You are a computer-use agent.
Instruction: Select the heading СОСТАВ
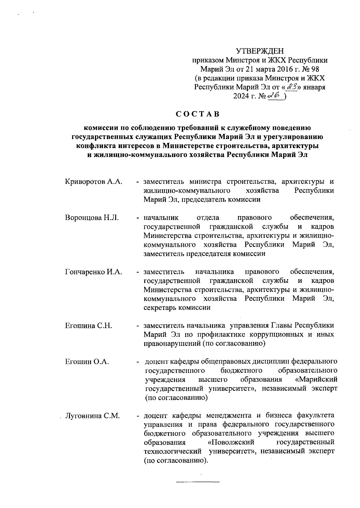pyautogui.click(x=198, y=114)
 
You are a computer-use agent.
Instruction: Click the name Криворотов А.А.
pyautogui.click(x=94, y=182)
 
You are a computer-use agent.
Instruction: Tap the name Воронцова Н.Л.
pyautogui.click(x=92, y=218)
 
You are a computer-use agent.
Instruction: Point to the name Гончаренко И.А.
pyautogui.click(x=94, y=272)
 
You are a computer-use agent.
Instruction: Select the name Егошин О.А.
pyautogui.click(x=87, y=362)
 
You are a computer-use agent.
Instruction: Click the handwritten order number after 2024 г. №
pyautogui.click(x=275, y=96)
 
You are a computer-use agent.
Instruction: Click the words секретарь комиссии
pyautogui.click(x=177, y=308)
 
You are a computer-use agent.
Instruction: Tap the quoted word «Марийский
pyautogui.click(x=316, y=380)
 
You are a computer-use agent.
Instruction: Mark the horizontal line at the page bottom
pyautogui.click(x=198, y=482)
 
